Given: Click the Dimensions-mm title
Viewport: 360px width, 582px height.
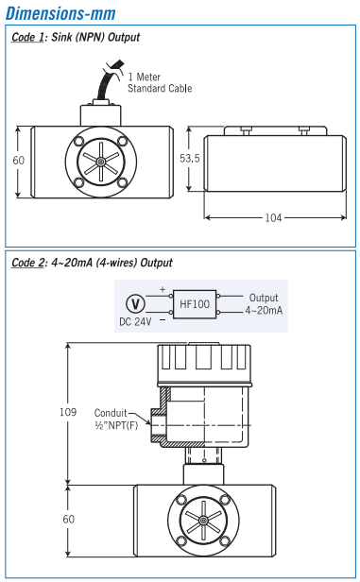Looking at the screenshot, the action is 60,13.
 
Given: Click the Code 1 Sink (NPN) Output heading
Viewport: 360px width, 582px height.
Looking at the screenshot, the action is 76,37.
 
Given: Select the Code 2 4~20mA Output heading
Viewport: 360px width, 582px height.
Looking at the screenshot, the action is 92,263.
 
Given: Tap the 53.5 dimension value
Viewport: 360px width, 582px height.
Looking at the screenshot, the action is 190,159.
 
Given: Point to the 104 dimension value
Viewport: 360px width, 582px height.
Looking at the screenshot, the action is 273,217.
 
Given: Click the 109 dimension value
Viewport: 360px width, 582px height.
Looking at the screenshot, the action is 68,412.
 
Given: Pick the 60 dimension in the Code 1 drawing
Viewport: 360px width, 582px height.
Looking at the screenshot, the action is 19,161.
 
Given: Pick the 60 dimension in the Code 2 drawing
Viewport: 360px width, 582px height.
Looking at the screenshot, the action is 69,519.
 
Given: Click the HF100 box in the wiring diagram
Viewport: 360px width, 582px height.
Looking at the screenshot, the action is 195,304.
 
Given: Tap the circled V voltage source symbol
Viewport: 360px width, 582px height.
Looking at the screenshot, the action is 135,304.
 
